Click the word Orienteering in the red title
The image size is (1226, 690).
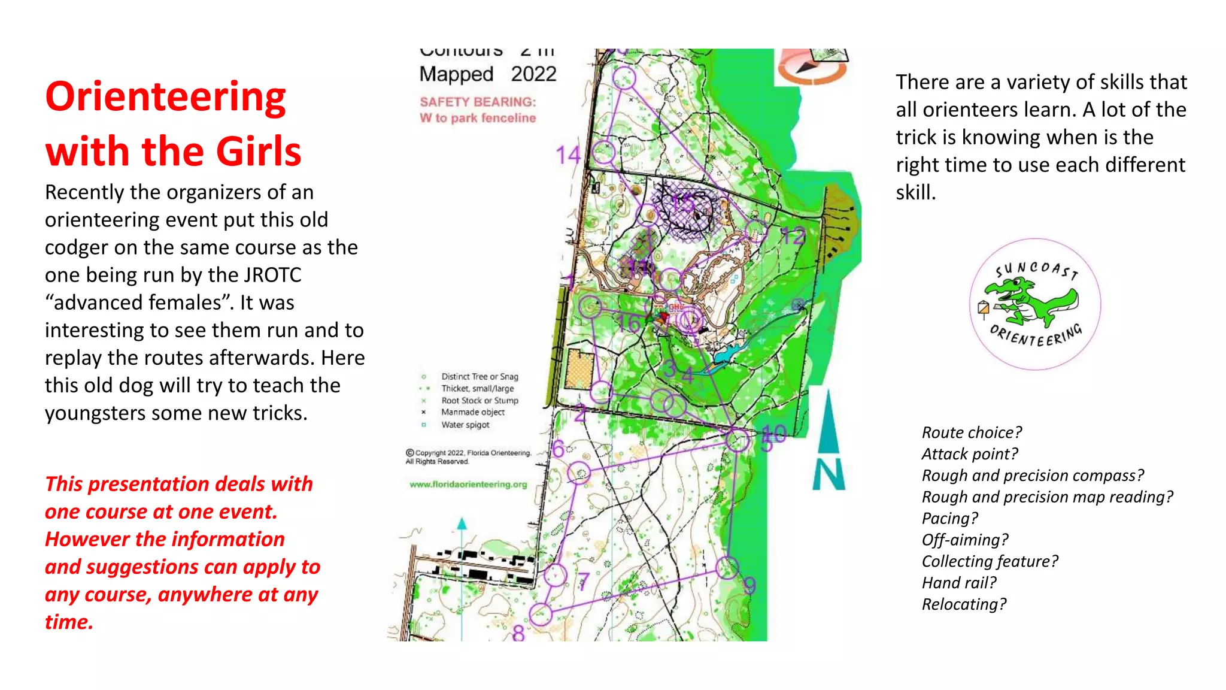coord(166,97)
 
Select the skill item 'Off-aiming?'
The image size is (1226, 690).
coord(964,540)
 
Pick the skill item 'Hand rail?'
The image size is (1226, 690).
coord(958,583)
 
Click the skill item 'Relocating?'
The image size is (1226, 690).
coord(963,604)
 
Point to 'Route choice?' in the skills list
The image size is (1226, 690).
coord(971,432)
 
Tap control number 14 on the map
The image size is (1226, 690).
coord(567,155)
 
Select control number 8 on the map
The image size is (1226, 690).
coord(518,632)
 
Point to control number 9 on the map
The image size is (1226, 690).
coord(749,585)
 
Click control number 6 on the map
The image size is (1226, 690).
coord(558,448)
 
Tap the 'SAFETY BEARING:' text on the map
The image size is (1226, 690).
coord(478,102)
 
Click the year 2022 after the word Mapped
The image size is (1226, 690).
coord(533,74)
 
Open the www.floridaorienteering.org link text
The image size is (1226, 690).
coord(468,485)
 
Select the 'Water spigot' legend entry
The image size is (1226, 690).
coord(465,425)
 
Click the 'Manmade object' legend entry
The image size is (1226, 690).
coord(472,412)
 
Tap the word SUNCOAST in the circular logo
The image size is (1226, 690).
coord(1036,269)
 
